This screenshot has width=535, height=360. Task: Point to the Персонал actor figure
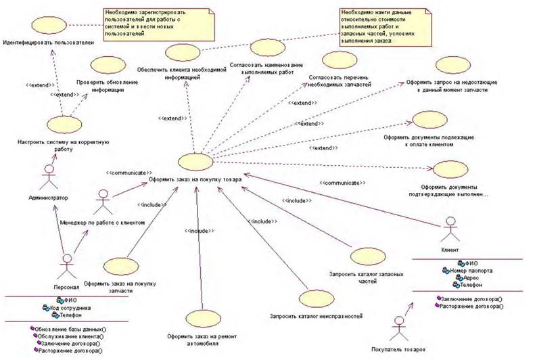point(66,265)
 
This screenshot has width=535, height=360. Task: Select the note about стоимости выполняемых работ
point(384,26)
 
